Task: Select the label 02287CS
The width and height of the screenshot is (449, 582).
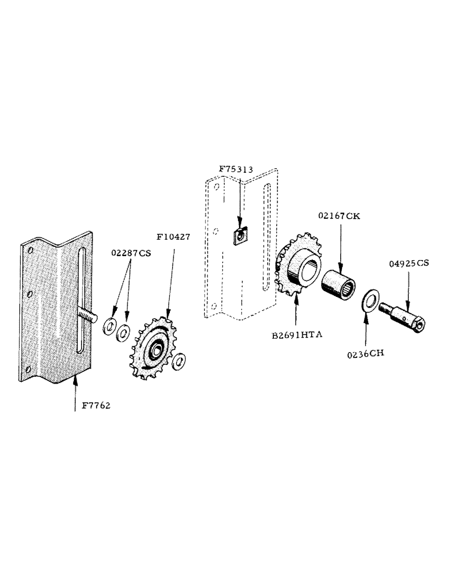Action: pyautogui.click(x=130, y=253)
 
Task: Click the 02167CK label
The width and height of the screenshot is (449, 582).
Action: pyautogui.click(x=339, y=215)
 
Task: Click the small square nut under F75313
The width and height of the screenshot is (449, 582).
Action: pyautogui.click(x=240, y=237)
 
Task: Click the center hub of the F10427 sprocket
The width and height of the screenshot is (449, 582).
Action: pyautogui.click(x=156, y=350)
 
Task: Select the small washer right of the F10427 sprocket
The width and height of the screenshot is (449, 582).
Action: pyautogui.click(x=180, y=362)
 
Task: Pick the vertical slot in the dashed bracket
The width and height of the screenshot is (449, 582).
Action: pyautogui.click(x=266, y=233)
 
